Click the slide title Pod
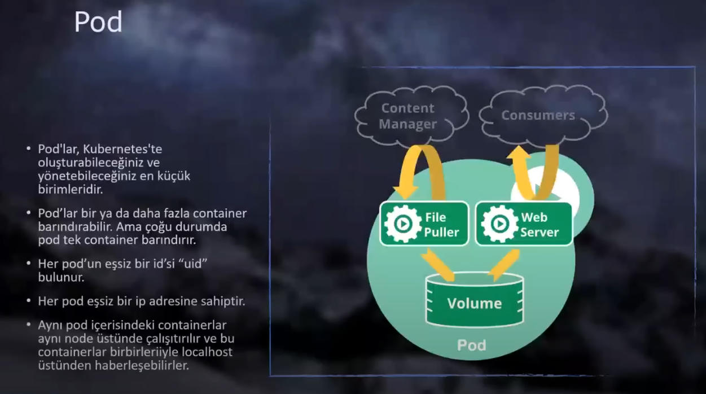[98, 23]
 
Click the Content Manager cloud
[408, 116]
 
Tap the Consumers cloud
[538, 115]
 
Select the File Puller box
[424, 224]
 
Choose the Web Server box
[524, 224]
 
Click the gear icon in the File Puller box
[401, 224]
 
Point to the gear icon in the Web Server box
[499, 224]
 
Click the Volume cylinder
[474, 302]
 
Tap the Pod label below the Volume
[471, 344]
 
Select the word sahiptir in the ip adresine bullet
[223, 301]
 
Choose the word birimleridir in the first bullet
[70, 189]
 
